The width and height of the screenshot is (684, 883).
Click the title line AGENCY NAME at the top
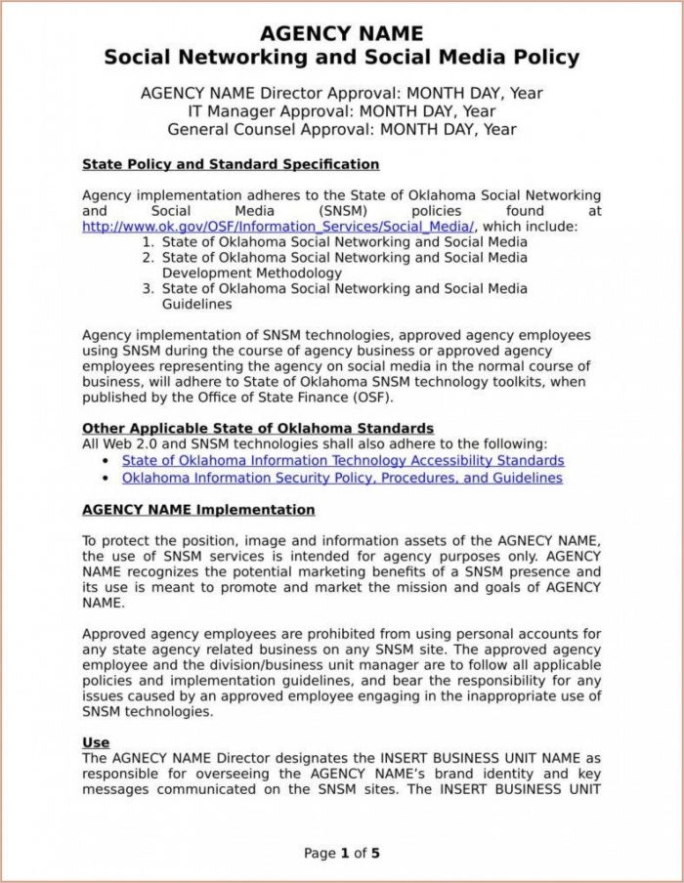[x=341, y=34]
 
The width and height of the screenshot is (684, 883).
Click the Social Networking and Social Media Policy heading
[x=341, y=58]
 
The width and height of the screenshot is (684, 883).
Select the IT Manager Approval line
[x=341, y=110]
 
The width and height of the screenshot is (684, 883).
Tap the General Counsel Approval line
[x=341, y=129]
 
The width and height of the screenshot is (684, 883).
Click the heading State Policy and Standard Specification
[x=231, y=164]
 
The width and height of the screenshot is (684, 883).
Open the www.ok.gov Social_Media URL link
[x=278, y=227]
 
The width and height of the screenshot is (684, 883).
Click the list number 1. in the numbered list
[x=149, y=242]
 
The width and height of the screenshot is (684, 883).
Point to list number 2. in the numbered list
[x=149, y=258]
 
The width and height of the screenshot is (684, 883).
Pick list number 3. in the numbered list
[x=149, y=289]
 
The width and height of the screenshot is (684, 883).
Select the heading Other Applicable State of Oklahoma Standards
[x=258, y=429]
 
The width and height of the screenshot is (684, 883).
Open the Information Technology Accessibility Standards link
[x=343, y=460]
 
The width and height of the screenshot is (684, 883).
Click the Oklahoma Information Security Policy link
[x=342, y=479]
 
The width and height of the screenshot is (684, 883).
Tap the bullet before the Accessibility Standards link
[x=106, y=461]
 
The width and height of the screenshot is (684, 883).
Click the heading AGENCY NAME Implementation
[x=198, y=510]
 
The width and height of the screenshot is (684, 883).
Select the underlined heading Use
[x=96, y=743]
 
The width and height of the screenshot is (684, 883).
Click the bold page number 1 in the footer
[x=344, y=854]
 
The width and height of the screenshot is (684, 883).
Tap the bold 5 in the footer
[x=375, y=854]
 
